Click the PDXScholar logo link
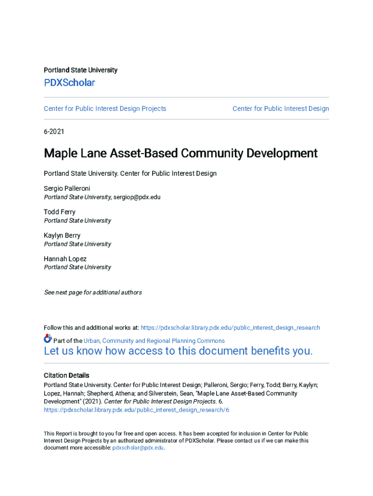coord(69,83)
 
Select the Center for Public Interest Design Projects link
coord(105,108)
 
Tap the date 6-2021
coord(54,131)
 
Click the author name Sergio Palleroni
coord(67,188)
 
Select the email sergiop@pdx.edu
coord(137,197)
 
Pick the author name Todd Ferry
coord(60,212)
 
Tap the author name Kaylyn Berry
coord(62,235)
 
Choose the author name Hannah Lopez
coord(65,259)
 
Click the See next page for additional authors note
coord(93,292)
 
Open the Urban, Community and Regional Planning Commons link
coord(154,341)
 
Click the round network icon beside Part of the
coord(47,339)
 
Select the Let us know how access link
coord(178,351)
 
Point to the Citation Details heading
coord(66,375)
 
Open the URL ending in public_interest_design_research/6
coord(136,410)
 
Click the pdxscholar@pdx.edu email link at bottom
coord(138,448)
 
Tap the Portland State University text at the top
coord(80,70)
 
